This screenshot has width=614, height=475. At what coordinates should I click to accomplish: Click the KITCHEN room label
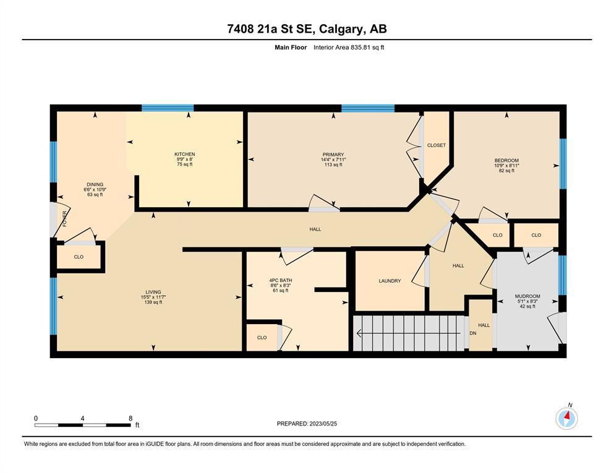tap(184, 154)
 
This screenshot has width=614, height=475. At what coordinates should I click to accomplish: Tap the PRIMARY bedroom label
tap(333, 155)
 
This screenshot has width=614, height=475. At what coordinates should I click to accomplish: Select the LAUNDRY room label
tap(390, 281)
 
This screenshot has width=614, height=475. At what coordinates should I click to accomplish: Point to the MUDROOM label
tap(527, 296)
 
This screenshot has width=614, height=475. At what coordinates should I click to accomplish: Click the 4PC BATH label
tap(281, 280)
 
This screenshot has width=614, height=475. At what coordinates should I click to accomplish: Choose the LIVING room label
tap(153, 292)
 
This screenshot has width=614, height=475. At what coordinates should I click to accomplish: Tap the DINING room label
tap(95, 184)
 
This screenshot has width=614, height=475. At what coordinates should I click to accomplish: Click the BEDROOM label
tap(506, 161)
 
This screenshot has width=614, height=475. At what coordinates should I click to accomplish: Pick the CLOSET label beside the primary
tap(436, 145)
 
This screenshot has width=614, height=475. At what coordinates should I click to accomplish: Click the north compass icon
tap(566, 419)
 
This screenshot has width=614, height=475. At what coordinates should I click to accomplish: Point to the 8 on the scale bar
tap(130, 418)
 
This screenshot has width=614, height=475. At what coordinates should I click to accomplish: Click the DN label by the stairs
tap(473, 333)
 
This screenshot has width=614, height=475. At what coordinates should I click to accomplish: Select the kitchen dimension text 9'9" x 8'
tap(184, 160)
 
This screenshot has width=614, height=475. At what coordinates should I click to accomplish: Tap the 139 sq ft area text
tap(153, 302)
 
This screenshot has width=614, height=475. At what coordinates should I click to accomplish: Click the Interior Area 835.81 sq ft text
tap(349, 48)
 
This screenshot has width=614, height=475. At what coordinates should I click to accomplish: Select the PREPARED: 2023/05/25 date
tap(307, 424)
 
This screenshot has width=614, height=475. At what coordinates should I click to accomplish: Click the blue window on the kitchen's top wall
tap(168, 108)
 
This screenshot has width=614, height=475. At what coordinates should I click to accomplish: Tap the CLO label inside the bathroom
tap(262, 338)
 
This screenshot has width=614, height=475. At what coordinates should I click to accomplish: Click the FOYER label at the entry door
tap(64, 218)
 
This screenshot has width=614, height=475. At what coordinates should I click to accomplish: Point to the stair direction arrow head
tap(358, 333)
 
